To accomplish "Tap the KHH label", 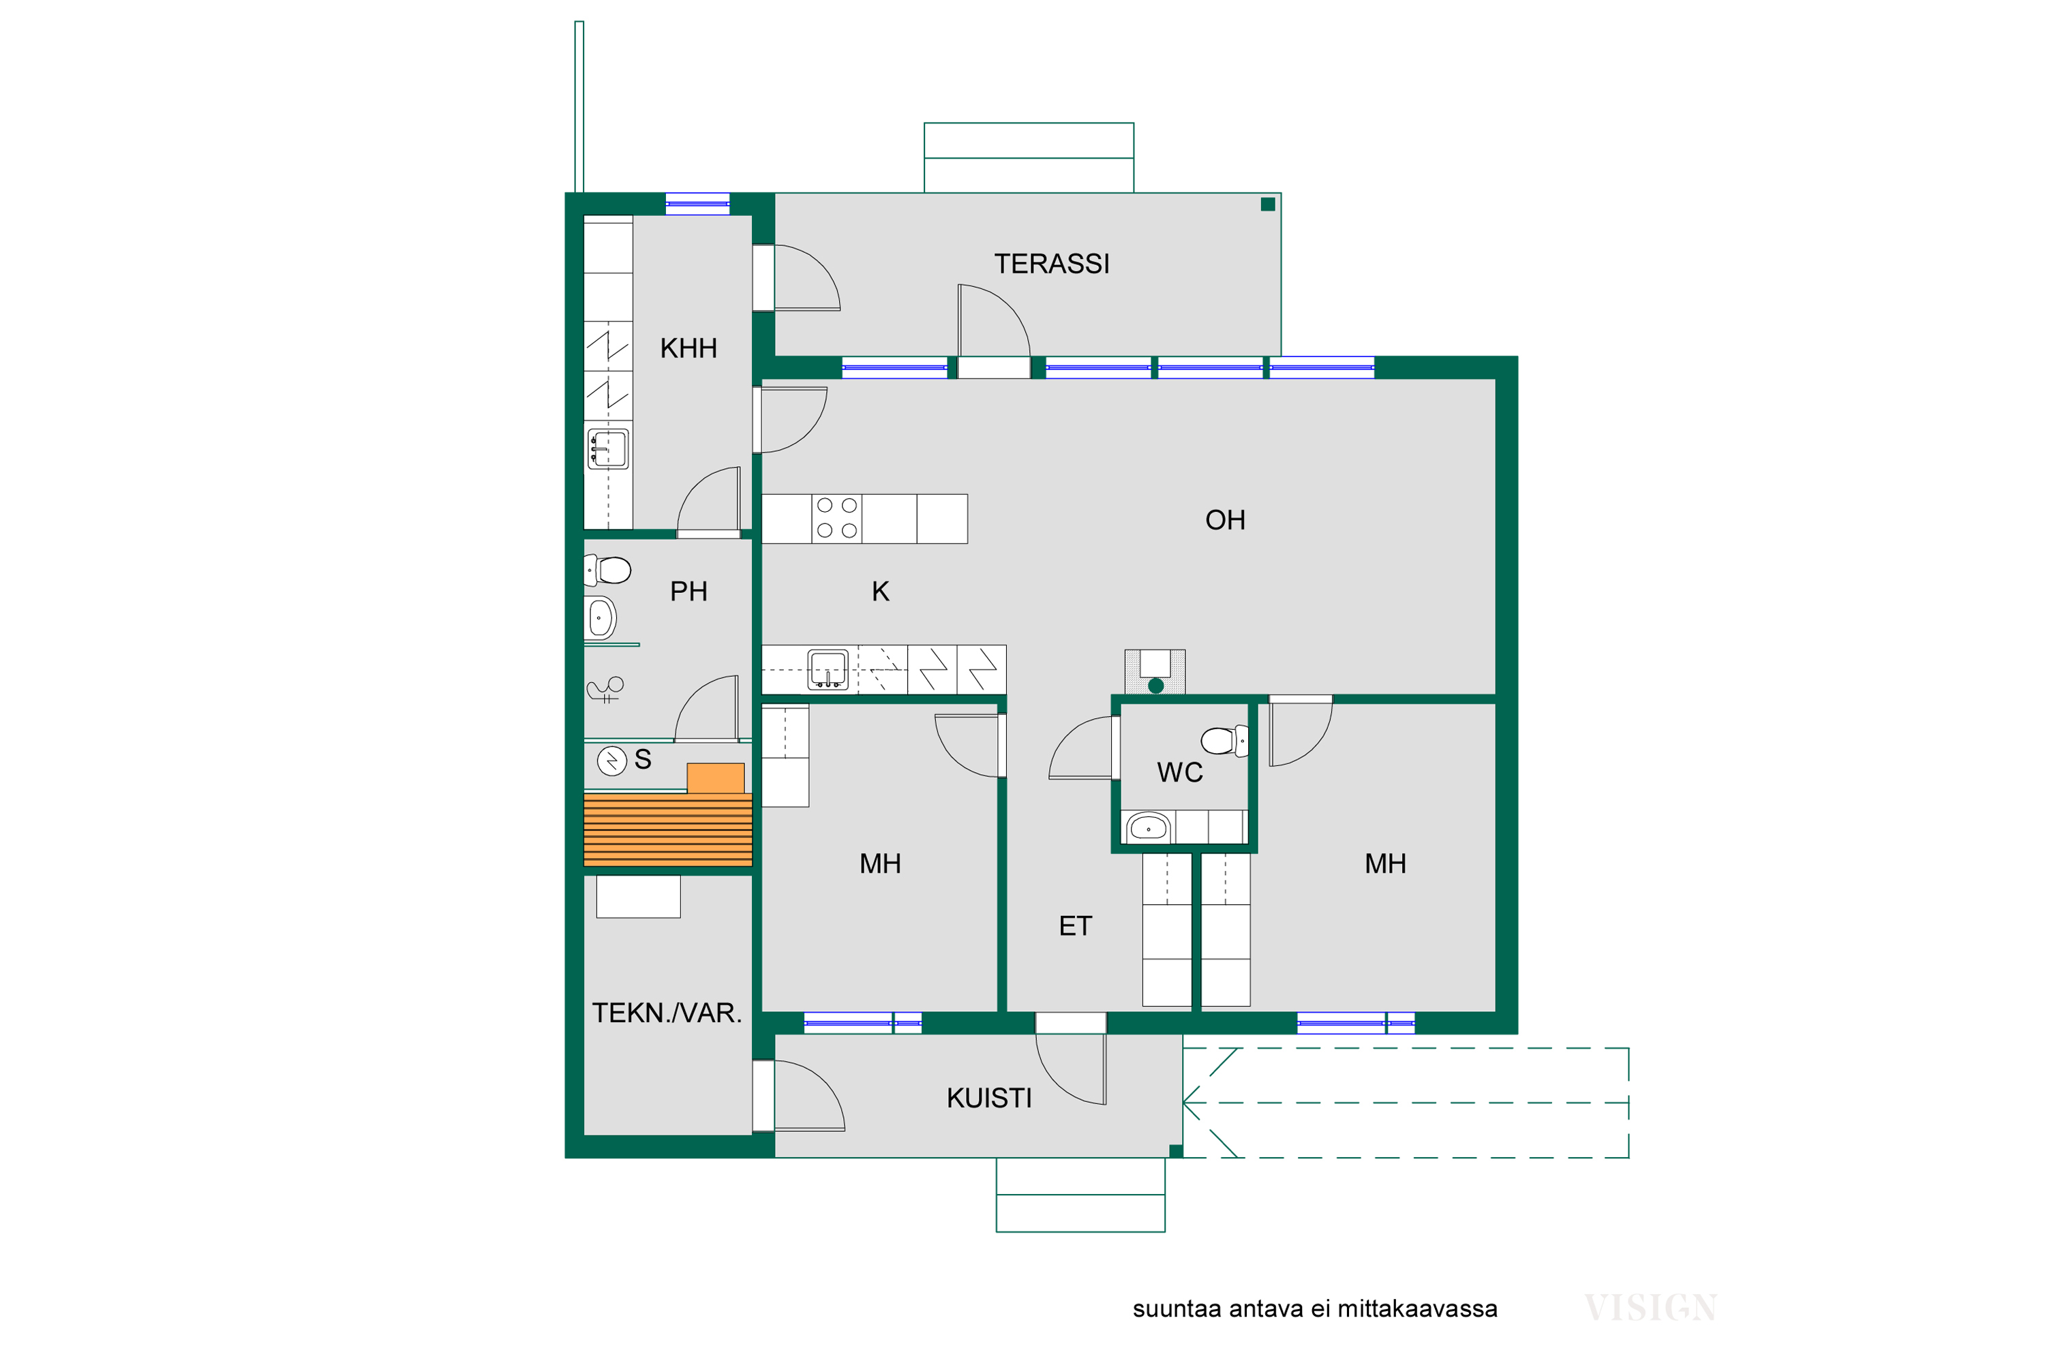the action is pos(688,348).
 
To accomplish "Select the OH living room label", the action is pos(1225,521).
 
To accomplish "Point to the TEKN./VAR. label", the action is pos(667,1013).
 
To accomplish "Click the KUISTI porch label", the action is pos(990,1099).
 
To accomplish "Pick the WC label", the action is pos(1180,773).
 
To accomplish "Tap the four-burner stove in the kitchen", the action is pos(837,519).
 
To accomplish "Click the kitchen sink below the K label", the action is pos(828,669).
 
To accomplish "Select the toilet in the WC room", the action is pos(1224,741).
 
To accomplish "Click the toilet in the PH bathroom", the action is pos(608,571).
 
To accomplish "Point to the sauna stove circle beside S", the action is pos(612,761).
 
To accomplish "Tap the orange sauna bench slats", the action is pos(668,830).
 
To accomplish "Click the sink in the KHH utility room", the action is pos(608,449).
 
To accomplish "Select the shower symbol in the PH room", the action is pos(606,689).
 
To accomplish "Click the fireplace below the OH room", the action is pos(1155,672).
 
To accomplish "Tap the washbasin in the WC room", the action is pos(1148,827).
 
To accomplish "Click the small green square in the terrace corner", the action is pos(1268,204).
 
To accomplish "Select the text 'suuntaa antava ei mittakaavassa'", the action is pos(1315,1309).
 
